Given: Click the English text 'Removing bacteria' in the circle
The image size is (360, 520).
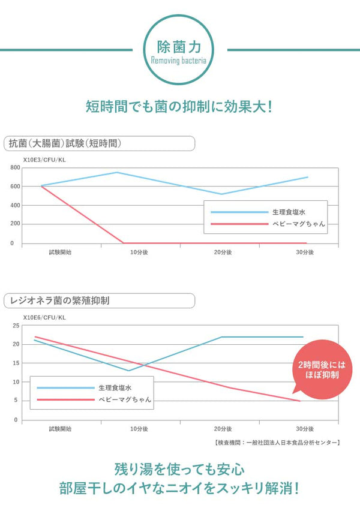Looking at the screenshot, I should tap(179, 61).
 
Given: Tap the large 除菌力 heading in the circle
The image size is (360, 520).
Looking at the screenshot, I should tap(179, 46).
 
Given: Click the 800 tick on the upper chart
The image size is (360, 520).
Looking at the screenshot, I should tap(15, 167).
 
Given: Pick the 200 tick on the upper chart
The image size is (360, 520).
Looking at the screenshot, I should tap(15, 224).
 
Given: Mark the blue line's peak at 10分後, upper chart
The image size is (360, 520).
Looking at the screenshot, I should tap(116, 173).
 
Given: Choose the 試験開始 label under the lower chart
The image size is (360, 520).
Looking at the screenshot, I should tap(60, 429).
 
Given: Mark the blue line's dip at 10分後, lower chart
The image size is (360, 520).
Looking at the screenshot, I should tap(128, 370).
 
